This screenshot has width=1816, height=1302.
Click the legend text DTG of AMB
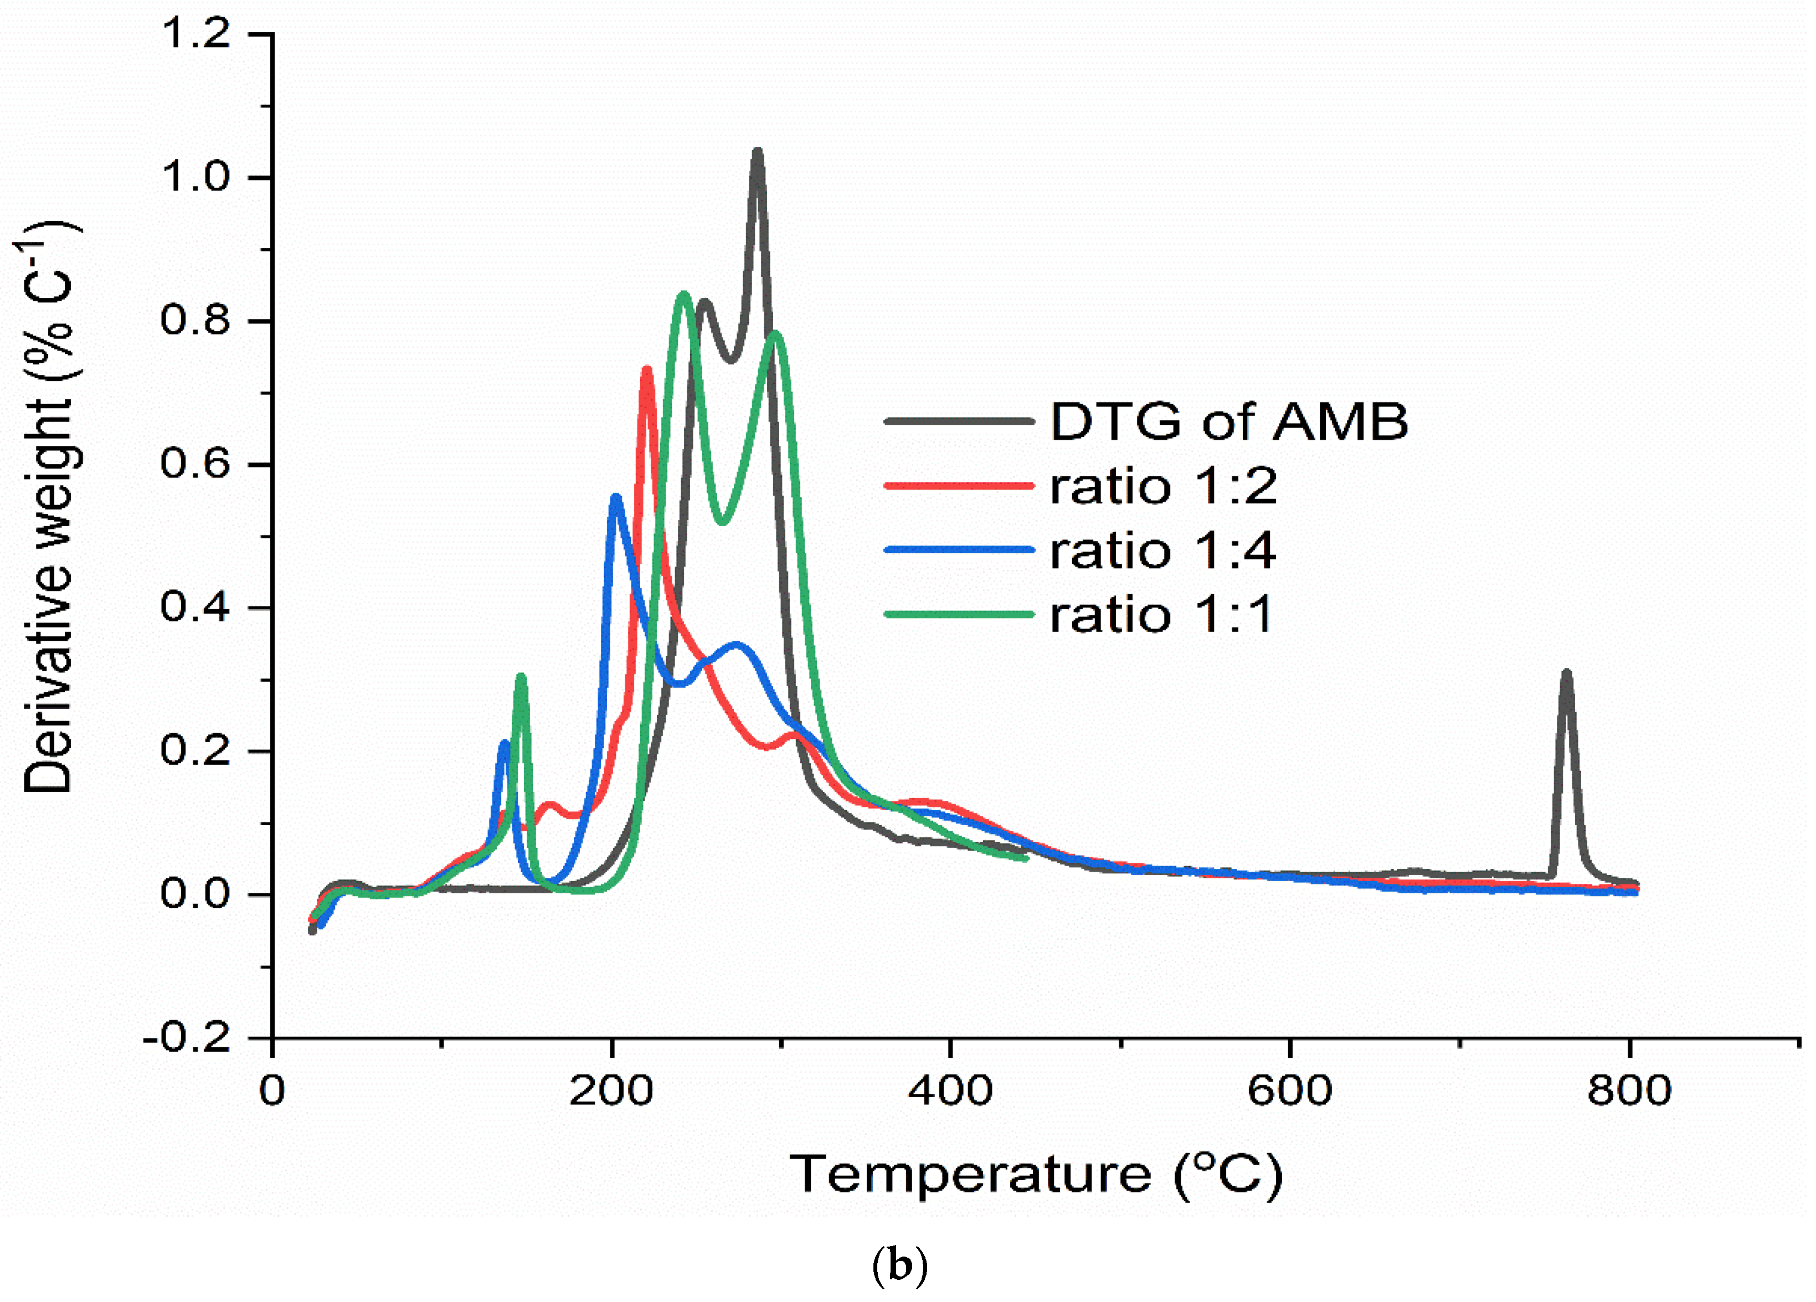coord(1228,421)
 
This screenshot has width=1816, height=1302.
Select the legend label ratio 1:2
coord(1162,486)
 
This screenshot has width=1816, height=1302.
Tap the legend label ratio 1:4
coord(1162,551)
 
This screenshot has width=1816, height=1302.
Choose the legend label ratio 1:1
coord(1161,615)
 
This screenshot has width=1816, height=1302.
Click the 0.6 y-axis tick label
coord(196,465)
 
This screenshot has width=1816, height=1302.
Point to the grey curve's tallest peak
coord(757,152)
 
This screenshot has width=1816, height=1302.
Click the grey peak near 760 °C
coord(1566,673)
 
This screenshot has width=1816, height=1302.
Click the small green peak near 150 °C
coord(521,677)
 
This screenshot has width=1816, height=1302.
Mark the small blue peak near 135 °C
coord(503,744)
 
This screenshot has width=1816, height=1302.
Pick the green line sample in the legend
coord(959,615)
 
